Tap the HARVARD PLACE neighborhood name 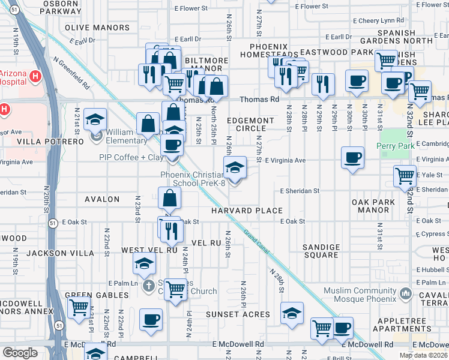click(x=247, y=211)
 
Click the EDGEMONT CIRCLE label click(x=250, y=124)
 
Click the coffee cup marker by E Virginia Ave click(x=352, y=158)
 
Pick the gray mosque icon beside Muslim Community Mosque click(x=406, y=293)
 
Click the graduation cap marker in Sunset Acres click(x=292, y=313)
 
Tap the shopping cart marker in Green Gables click(x=79, y=307)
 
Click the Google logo click(x=20, y=353)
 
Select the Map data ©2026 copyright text click(x=423, y=355)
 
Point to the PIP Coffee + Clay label click(x=130, y=158)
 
